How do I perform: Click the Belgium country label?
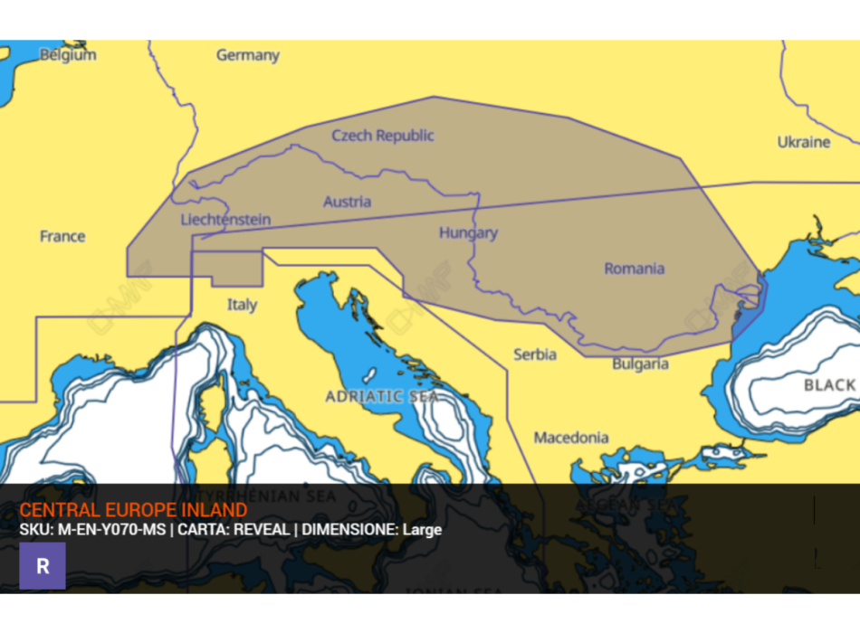coord(67,55)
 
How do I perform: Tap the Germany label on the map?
coord(247,55)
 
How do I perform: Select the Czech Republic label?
coord(382,136)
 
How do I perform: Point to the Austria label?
coord(347,201)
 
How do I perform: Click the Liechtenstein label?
coord(225,219)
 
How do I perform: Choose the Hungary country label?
coord(468,232)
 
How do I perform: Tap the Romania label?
coord(634,268)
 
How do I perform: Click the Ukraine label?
coord(803,142)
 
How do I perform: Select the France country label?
coord(62,236)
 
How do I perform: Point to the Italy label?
coord(242,305)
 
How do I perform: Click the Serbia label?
coord(535,354)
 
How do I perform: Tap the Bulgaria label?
coord(640,364)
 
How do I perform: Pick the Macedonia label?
coord(570,438)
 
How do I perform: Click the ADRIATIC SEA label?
coord(382,396)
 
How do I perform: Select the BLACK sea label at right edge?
coord(829,385)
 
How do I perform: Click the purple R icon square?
coord(43,566)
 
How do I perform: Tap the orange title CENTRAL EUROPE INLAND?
coord(133,511)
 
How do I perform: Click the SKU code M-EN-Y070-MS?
coord(112,530)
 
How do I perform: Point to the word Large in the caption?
coord(422,530)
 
